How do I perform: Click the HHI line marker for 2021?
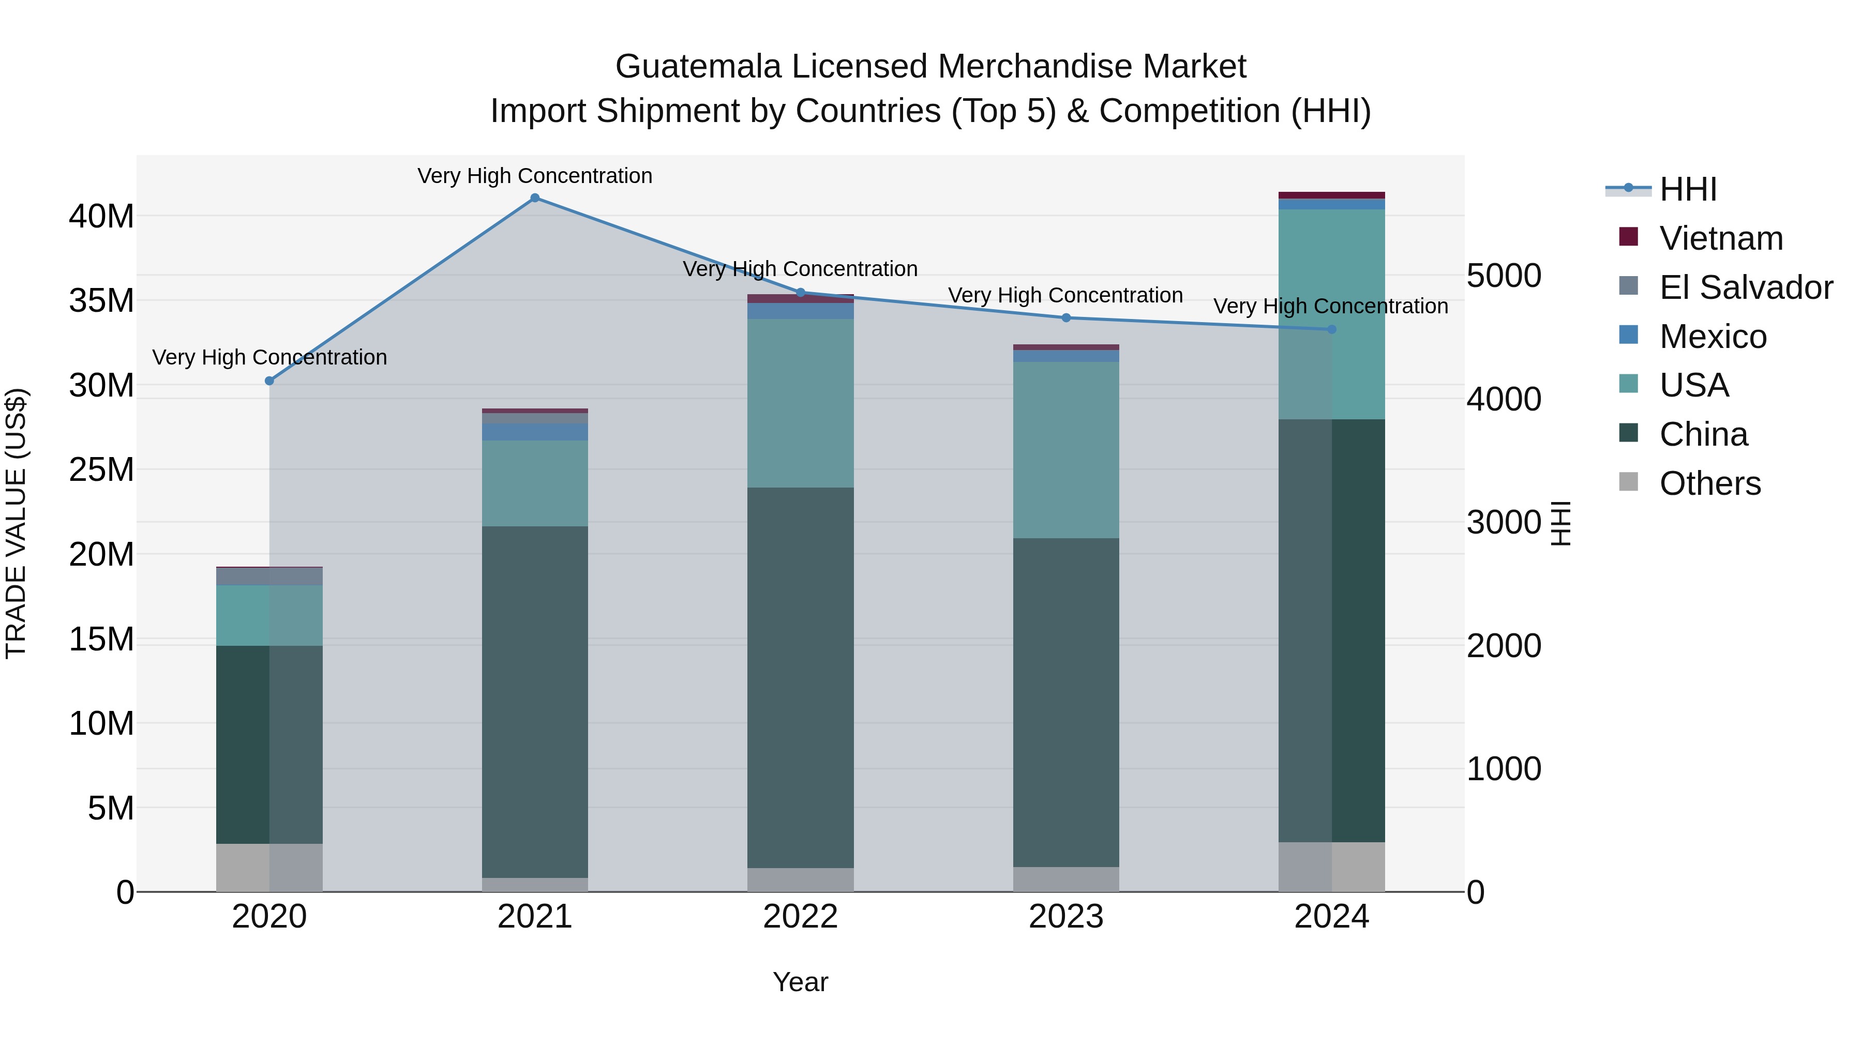(x=535, y=198)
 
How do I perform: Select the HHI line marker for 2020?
(x=269, y=381)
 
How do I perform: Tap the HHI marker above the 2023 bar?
(x=1066, y=318)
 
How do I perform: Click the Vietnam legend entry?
(x=1720, y=238)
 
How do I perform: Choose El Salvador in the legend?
(x=1746, y=287)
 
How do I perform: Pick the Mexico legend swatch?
(x=1629, y=335)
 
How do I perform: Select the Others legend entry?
(x=1709, y=483)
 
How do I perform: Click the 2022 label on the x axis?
(x=800, y=917)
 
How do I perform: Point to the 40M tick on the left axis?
(x=101, y=216)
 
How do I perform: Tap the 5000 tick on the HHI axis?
(x=1504, y=276)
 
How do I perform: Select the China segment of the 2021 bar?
(x=535, y=701)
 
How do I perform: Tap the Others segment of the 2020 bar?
(x=269, y=867)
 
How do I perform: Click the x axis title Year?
(x=800, y=982)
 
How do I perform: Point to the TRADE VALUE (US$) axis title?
(x=16, y=523)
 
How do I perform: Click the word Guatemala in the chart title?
(x=698, y=67)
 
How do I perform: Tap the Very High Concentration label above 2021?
(x=535, y=176)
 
